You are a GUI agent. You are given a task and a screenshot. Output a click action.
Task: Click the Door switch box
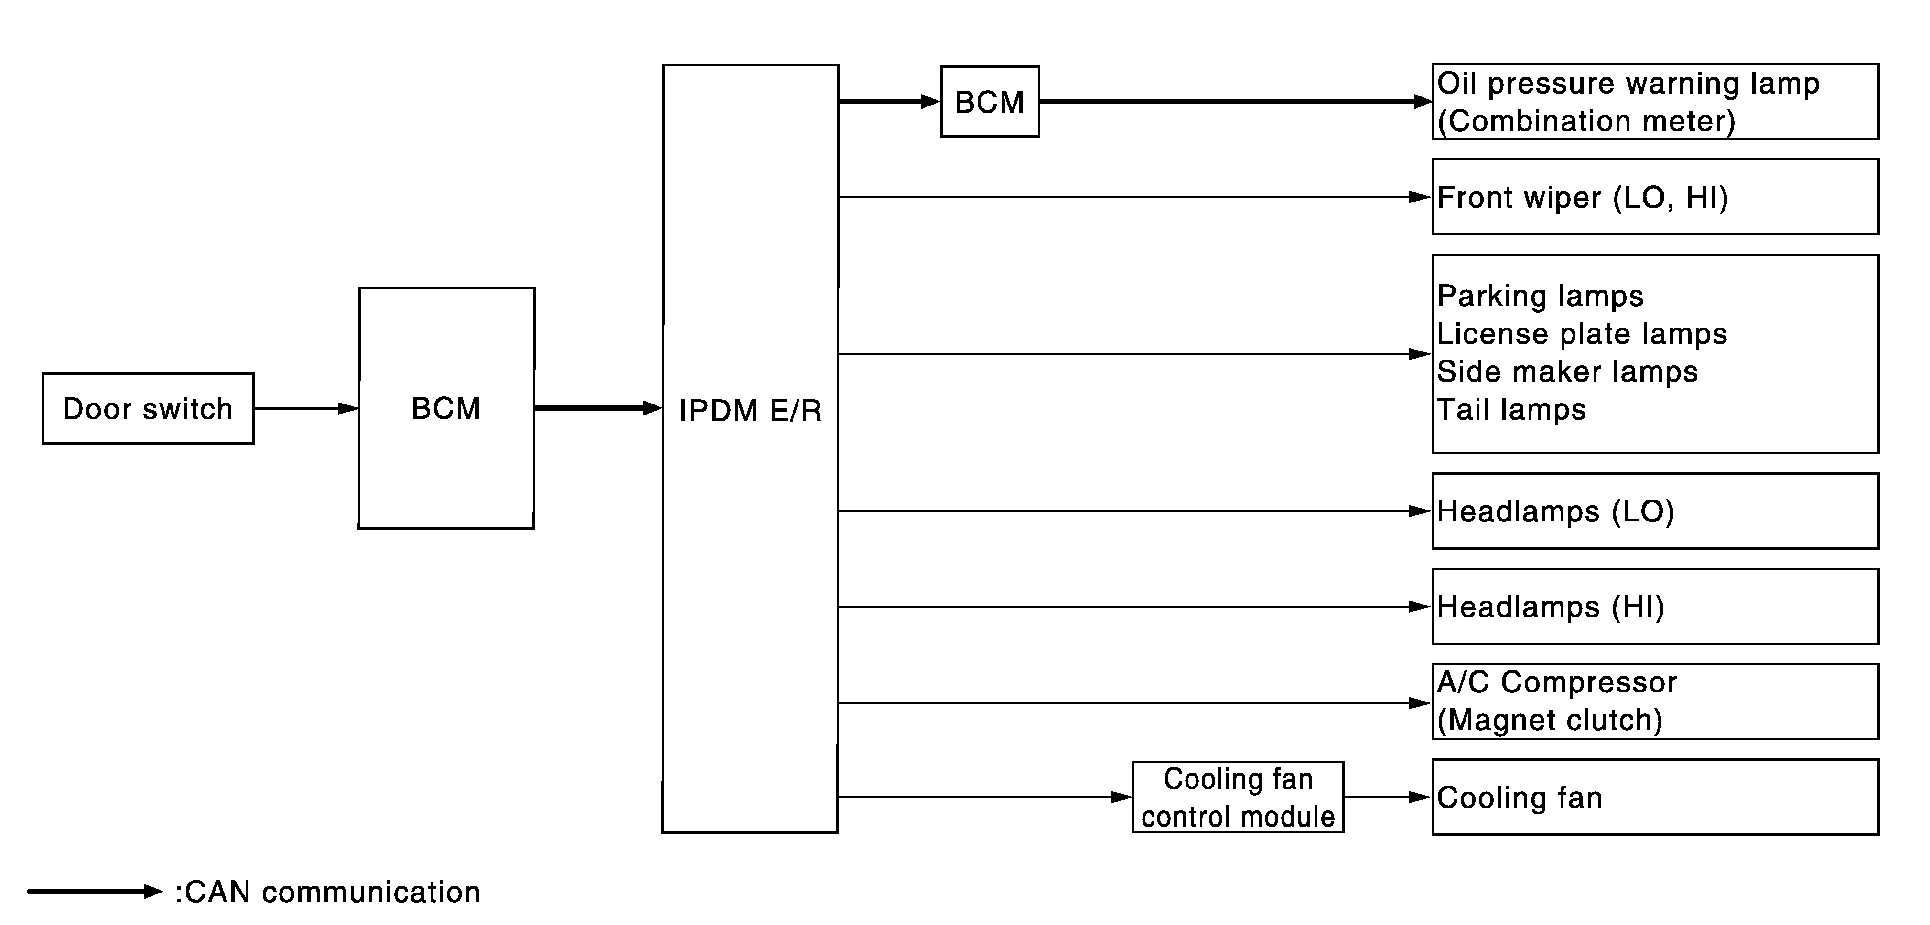pyautogui.click(x=148, y=408)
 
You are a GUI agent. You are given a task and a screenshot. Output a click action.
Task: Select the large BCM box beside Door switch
pyautogui.click(x=446, y=408)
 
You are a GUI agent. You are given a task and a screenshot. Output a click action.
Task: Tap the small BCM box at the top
pyautogui.click(x=990, y=102)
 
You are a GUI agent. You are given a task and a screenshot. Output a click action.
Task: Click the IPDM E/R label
pyautogui.click(x=750, y=410)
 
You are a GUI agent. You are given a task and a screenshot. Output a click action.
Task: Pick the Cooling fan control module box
pyautogui.click(x=1238, y=797)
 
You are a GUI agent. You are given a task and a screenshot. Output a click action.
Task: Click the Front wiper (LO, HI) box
pyautogui.click(x=1655, y=197)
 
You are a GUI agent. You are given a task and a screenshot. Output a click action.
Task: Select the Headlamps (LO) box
pyautogui.click(x=1655, y=511)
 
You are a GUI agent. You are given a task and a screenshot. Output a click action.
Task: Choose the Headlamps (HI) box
pyautogui.click(x=1655, y=606)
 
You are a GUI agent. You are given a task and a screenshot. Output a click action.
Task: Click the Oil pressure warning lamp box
pyautogui.click(x=1655, y=102)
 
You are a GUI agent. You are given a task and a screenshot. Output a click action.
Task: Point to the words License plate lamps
pyautogui.click(x=1582, y=334)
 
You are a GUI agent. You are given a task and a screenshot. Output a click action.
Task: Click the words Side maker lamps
pyautogui.click(x=1567, y=372)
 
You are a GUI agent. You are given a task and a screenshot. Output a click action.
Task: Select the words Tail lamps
pyautogui.click(x=1511, y=410)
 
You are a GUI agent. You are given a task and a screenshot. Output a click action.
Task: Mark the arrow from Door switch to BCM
pyautogui.click(x=306, y=408)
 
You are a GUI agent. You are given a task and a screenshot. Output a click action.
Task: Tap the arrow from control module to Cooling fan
pyautogui.click(x=1388, y=797)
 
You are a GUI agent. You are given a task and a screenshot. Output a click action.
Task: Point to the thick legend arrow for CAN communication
pyautogui.click(x=95, y=891)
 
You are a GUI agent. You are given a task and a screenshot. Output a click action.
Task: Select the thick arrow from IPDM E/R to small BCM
pyautogui.click(x=889, y=101)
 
